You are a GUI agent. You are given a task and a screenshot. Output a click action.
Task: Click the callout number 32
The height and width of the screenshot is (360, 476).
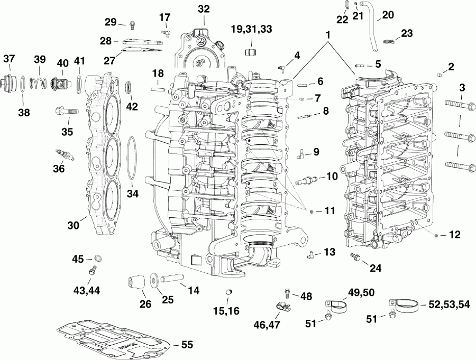tap(204, 9)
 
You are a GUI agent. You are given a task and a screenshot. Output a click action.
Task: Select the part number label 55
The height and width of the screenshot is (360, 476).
tap(187, 344)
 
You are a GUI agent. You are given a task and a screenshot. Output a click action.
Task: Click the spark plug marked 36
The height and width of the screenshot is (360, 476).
tap(65, 154)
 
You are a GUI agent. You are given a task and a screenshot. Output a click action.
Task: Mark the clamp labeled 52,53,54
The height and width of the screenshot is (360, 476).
tap(407, 305)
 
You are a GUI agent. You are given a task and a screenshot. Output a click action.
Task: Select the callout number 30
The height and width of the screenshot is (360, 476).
tap(73, 225)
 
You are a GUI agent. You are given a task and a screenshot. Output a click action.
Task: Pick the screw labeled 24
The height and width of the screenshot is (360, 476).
tap(355, 257)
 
